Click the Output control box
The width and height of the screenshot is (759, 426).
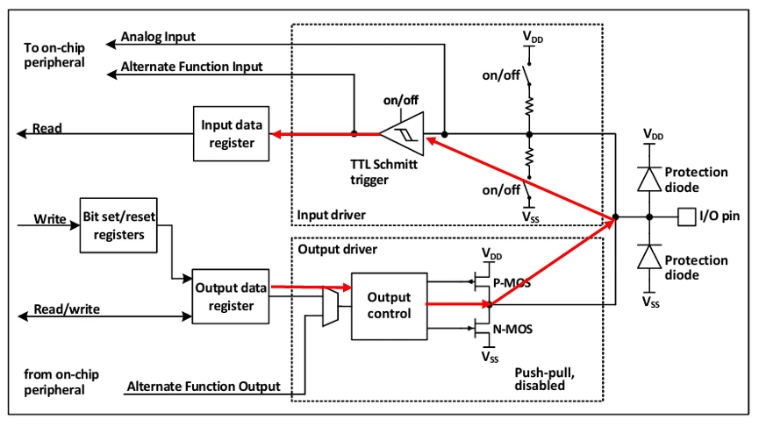click(388, 306)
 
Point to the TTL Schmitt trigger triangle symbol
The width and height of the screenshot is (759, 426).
click(401, 134)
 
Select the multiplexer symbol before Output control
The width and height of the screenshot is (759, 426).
click(329, 308)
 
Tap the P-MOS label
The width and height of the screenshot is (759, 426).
click(511, 283)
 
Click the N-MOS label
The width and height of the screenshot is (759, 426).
click(511, 330)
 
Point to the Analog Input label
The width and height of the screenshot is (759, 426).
click(157, 37)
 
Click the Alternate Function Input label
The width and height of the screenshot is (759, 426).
click(191, 67)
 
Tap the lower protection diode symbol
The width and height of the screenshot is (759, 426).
click(648, 256)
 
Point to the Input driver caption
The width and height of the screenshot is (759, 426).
click(332, 215)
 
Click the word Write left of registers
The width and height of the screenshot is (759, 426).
click(50, 218)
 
